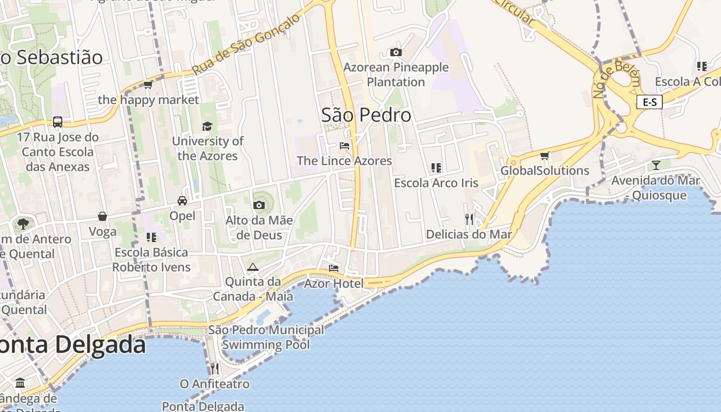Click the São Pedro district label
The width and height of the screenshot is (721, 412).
(x=366, y=115)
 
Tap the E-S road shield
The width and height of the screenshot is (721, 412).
(x=649, y=102)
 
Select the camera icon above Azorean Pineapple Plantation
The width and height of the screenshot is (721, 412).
(x=396, y=52)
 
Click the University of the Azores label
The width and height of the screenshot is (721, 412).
(x=208, y=148)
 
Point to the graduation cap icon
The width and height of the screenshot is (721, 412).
(x=207, y=126)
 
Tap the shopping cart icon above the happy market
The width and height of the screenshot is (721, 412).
(x=148, y=84)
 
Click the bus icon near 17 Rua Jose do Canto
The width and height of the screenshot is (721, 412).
(x=58, y=122)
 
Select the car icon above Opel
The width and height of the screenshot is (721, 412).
(x=182, y=200)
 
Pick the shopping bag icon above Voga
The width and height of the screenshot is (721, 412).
(x=102, y=216)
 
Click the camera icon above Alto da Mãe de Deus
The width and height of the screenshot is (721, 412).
(x=259, y=205)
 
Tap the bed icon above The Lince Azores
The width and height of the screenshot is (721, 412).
(x=345, y=146)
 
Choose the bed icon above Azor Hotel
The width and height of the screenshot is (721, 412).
(x=334, y=268)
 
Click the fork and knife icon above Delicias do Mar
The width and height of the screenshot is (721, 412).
(x=469, y=219)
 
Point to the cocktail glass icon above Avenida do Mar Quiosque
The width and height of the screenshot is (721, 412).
(x=656, y=165)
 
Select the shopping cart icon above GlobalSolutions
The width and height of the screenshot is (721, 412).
(x=544, y=156)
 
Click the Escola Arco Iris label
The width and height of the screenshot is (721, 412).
(x=436, y=183)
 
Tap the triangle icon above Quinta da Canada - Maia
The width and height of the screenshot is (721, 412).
(x=252, y=267)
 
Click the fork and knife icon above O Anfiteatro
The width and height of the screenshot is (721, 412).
(x=214, y=368)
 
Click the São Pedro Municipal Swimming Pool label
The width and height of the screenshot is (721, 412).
(x=266, y=337)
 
